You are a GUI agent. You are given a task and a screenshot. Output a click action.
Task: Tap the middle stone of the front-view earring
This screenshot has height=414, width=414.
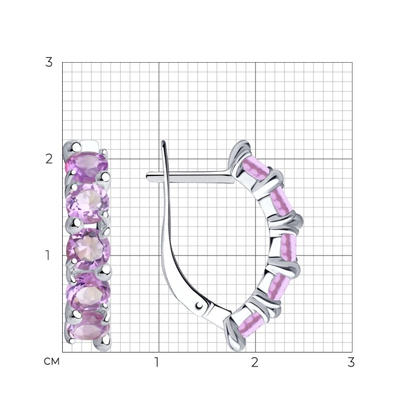(x=88, y=249)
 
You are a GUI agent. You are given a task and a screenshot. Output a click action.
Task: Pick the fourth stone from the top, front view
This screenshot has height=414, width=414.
(x=88, y=292)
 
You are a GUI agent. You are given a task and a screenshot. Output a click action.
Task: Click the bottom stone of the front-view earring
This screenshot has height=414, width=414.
(x=88, y=327)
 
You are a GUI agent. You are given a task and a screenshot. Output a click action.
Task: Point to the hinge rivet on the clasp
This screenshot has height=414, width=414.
(x=199, y=306)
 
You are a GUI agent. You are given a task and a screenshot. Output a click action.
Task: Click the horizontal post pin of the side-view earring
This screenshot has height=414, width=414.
(x=190, y=177)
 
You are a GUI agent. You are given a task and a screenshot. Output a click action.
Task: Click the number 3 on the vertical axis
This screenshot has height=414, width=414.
(x=49, y=62)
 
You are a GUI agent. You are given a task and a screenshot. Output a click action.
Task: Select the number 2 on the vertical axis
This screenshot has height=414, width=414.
(x=49, y=159)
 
